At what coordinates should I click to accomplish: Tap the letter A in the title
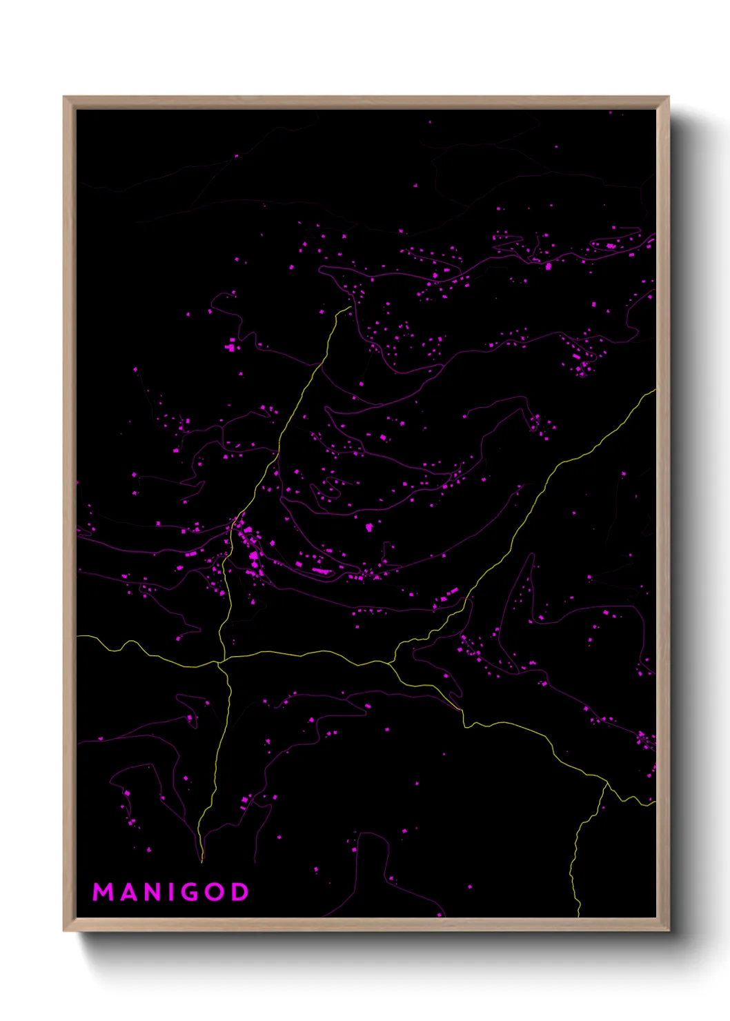point(130,892)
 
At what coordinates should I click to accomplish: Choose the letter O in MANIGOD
point(217,892)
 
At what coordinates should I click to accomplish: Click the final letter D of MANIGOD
point(240,892)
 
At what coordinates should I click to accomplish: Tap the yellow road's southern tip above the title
point(201,862)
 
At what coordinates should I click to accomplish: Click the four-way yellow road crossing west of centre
point(219,663)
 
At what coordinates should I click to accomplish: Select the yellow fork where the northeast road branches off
point(391,663)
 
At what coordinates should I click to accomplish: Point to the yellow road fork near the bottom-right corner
point(606,783)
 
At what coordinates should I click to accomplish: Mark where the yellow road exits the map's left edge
point(78,636)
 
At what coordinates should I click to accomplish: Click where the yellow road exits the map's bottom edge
point(578,915)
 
